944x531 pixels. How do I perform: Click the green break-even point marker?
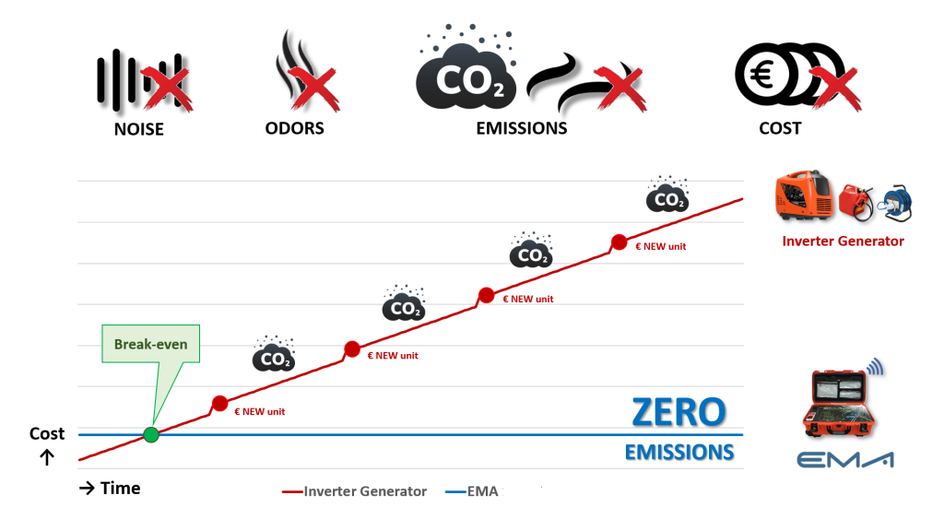pos(151,434)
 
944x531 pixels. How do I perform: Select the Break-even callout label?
pos(151,345)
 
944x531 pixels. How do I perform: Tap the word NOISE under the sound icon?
pos(138,129)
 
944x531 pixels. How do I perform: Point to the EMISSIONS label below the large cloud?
pos(521,128)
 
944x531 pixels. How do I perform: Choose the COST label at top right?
pos(780,128)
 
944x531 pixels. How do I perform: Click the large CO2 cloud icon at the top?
pos(468,78)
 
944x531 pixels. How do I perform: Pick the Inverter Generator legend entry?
pos(354,491)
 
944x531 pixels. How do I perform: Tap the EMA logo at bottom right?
pos(845,460)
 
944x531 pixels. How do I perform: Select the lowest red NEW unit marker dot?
pos(219,403)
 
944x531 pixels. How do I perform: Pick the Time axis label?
pos(110,489)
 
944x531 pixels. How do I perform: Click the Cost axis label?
pos(47,433)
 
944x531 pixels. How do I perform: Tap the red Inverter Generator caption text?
pos(843,242)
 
